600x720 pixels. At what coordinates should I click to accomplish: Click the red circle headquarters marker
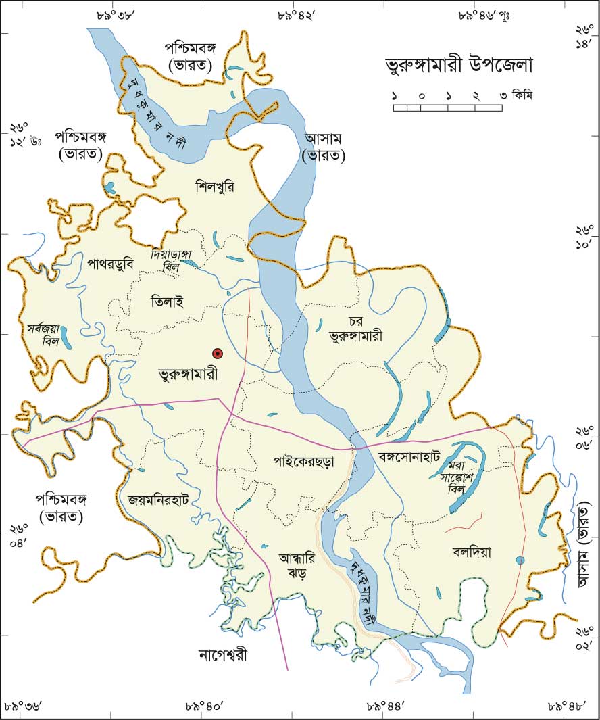(x=218, y=353)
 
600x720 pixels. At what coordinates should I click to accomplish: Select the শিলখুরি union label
(x=214, y=186)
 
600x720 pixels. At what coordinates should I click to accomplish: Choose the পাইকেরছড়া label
(x=304, y=463)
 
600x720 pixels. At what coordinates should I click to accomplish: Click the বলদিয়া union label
(x=472, y=552)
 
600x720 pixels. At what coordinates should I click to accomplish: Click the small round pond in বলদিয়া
(x=520, y=560)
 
